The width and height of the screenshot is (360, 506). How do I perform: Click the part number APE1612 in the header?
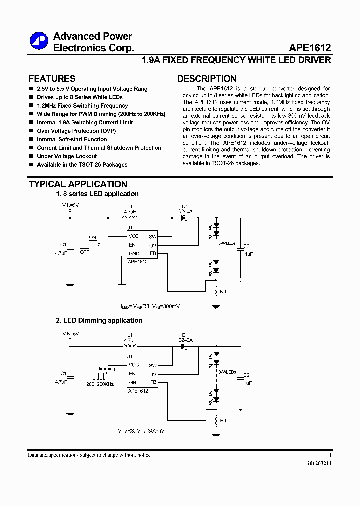pyautogui.click(x=310, y=48)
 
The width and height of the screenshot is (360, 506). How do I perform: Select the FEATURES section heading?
pyautogui.click(x=52, y=79)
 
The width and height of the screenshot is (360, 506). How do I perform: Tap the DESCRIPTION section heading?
pyautogui.click(x=207, y=79)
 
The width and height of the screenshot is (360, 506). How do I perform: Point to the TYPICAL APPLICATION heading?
pyautogui.click(x=78, y=184)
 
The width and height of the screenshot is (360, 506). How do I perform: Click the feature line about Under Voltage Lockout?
pyautogui.click(x=67, y=156)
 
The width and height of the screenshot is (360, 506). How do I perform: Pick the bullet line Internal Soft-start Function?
pyautogui.click(x=72, y=139)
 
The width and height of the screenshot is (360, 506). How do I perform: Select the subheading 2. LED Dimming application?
pyautogui.click(x=99, y=320)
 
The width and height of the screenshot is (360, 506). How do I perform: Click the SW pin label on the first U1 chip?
pyautogui.click(x=153, y=236)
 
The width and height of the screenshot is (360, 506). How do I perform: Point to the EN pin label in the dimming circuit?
pyautogui.click(x=132, y=373)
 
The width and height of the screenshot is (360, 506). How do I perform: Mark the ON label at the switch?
pyautogui.click(x=92, y=237)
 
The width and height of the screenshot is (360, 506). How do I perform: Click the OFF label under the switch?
pyautogui.click(x=85, y=252)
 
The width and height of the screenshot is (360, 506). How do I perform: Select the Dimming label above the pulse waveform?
pyautogui.click(x=106, y=369)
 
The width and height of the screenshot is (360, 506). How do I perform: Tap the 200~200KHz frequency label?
pyautogui.click(x=100, y=384)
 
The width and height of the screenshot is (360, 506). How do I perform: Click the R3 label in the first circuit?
pyautogui.click(x=223, y=291)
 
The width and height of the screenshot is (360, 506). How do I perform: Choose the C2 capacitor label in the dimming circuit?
pyautogui.click(x=246, y=375)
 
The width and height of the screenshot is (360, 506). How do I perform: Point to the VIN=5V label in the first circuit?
pyautogui.click(x=70, y=205)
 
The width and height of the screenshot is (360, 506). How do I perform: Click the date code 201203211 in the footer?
pyautogui.click(x=319, y=463)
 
